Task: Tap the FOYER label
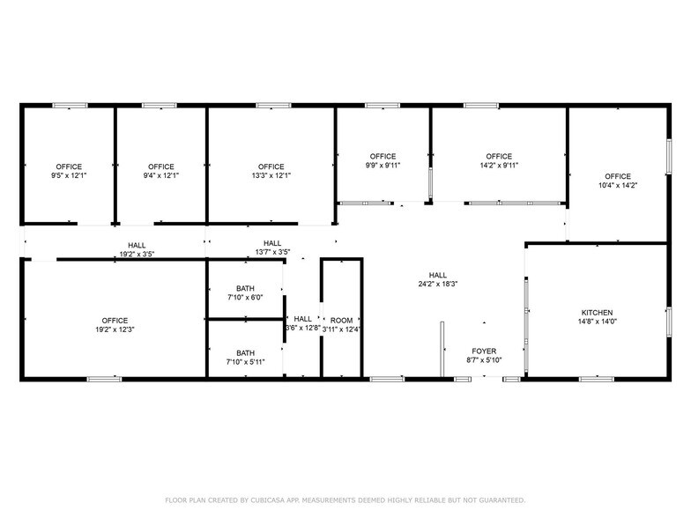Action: click(x=484, y=351)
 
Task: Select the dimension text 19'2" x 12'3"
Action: click(x=115, y=329)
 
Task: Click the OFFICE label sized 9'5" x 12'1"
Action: click(x=69, y=166)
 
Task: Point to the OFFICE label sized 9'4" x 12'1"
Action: click(x=161, y=166)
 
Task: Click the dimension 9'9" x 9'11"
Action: click(x=383, y=166)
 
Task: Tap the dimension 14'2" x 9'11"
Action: click(x=499, y=166)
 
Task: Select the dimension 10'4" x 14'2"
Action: click(x=617, y=185)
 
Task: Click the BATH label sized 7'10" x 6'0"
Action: click(x=245, y=288)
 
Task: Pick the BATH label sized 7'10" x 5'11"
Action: click(x=245, y=353)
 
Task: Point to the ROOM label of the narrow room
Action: click(x=341, y=320)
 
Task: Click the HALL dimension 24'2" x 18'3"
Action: click(x=438, y=285)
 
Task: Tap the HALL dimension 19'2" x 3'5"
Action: click(x=137, y=254)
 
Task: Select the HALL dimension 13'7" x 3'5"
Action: click(x=272, y=252)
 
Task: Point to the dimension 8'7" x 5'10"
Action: click(x=484, y=359)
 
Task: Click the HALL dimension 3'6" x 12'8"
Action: click(x=302, y=329)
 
